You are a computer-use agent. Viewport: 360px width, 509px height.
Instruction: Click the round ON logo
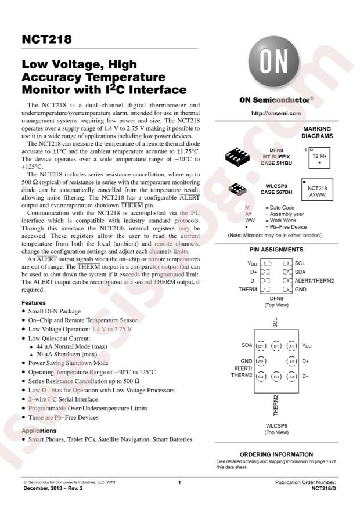[x=275, y=62]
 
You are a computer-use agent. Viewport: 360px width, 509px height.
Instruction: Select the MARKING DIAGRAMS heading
[x=317, y=132]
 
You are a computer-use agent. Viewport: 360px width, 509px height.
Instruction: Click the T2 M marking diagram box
[x=318, y=157]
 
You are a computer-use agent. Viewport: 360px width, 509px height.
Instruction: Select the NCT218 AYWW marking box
[x=318, y=192]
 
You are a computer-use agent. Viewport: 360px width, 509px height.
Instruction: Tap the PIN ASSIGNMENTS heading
[x=275, y=250]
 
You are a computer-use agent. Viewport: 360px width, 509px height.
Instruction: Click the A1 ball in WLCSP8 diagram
[x=291, y=346]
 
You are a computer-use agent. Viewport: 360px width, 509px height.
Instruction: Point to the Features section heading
[x=34, y=303]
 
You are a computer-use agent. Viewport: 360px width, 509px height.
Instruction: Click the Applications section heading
[x=39, y=431]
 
